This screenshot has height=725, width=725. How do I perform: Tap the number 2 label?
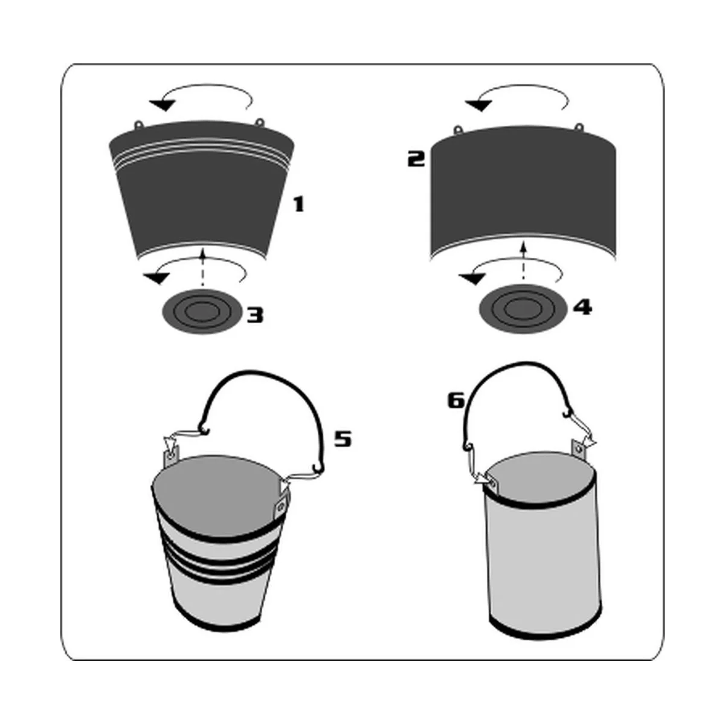click(x=416, y=159)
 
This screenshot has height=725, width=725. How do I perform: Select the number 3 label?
click(x=255, y=314)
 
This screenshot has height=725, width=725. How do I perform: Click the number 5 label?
click(x=343, y=439)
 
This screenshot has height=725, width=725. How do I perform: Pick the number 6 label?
click(x=456, y=401)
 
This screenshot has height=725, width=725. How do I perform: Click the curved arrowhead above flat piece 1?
click(x=162, y=105)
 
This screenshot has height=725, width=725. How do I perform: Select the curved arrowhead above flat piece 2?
click(x=478, y=106)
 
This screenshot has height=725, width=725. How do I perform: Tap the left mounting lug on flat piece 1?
click(x=139, y=124)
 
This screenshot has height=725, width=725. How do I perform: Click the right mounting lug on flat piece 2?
click(x=580, y=127)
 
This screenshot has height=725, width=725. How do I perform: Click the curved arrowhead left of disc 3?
click(x=155, y=278)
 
